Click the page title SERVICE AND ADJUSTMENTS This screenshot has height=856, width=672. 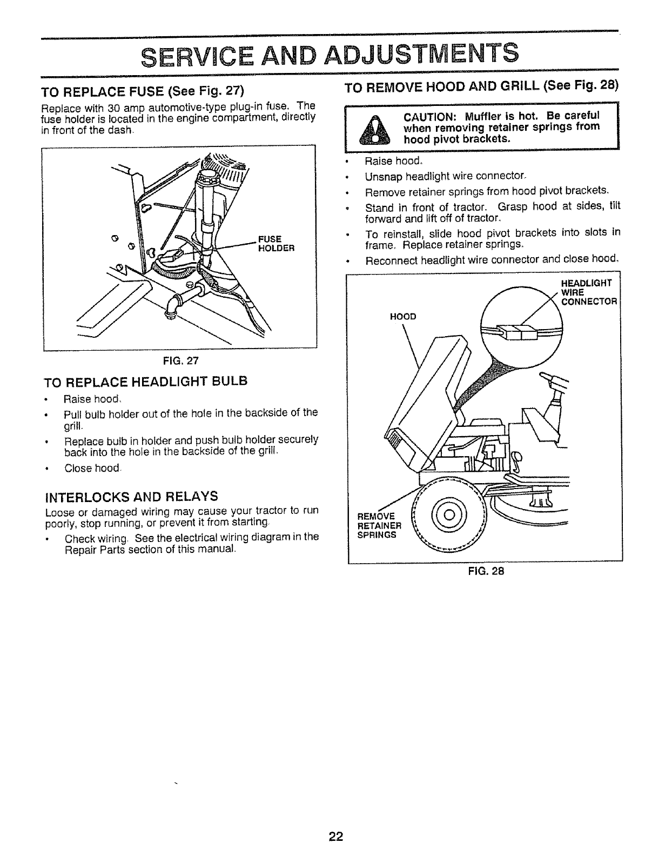point(330,53)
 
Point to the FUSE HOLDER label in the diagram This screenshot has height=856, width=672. point(275,244)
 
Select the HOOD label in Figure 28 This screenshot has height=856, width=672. point(402,317)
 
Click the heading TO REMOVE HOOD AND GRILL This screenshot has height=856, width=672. point(480,86)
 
